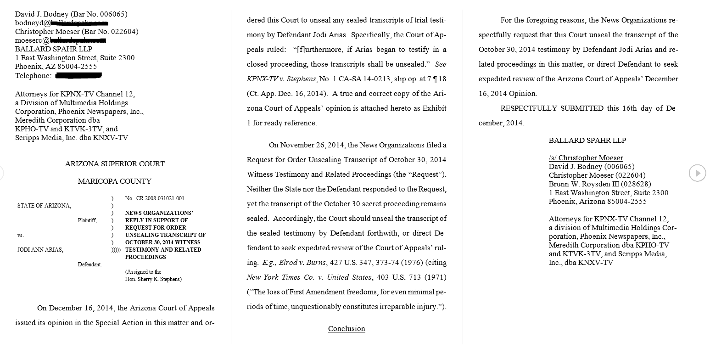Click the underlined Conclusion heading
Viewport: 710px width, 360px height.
coord(347,329)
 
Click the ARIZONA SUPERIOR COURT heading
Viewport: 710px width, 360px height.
coord(115,164)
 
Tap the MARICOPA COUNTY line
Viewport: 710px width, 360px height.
coord(115,181)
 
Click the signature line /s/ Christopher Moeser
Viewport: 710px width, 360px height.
coord(586,158)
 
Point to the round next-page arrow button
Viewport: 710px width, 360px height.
coord(697,173)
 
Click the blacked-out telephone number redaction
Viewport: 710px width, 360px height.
coord(78,75)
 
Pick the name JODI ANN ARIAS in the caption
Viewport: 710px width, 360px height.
coord(40,250)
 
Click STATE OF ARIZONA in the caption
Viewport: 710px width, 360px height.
coord(44,206)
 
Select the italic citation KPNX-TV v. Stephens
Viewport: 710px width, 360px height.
coord(282,79)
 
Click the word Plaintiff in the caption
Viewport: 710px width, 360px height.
coord(87,220)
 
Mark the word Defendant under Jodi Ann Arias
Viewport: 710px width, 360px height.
coord(89,264)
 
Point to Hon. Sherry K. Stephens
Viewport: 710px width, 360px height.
coord(153,279)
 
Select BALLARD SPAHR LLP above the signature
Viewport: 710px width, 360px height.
coord(587,141)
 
